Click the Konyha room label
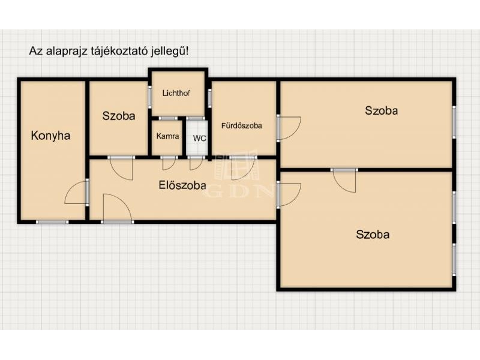50,136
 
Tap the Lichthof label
176,93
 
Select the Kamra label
167,136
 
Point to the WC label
199,139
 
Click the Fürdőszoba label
242,125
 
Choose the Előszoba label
182,185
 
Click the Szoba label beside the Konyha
119,116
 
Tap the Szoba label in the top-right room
382,110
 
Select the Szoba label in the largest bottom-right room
373,235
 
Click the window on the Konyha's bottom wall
52,221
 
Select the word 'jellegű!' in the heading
170,51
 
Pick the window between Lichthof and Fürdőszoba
210,98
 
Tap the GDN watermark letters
239,191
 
